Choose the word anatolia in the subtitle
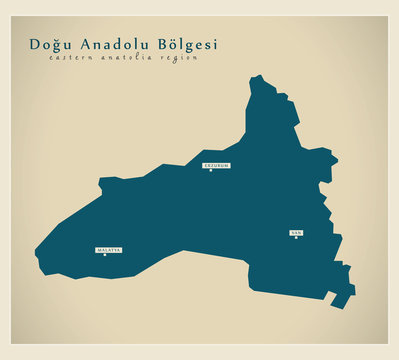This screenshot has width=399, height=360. click(x=127, y=58)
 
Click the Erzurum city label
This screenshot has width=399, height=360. click(x=216, y=164)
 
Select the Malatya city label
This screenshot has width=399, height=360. click(x=108, y=248)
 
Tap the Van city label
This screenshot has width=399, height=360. click(x=295, y=231)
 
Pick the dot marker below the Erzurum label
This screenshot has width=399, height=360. click(x=211, y=170)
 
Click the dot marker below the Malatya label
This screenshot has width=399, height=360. click(x=104, y=254)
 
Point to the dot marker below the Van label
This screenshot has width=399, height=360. click(x=296, y=237)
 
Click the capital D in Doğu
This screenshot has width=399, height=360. click(x=35, y=45)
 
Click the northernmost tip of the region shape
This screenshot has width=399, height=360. click(x=257, y=76)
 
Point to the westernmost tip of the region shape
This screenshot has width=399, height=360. click(x=36, y=253)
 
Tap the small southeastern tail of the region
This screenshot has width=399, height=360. click(x=342, y=299)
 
